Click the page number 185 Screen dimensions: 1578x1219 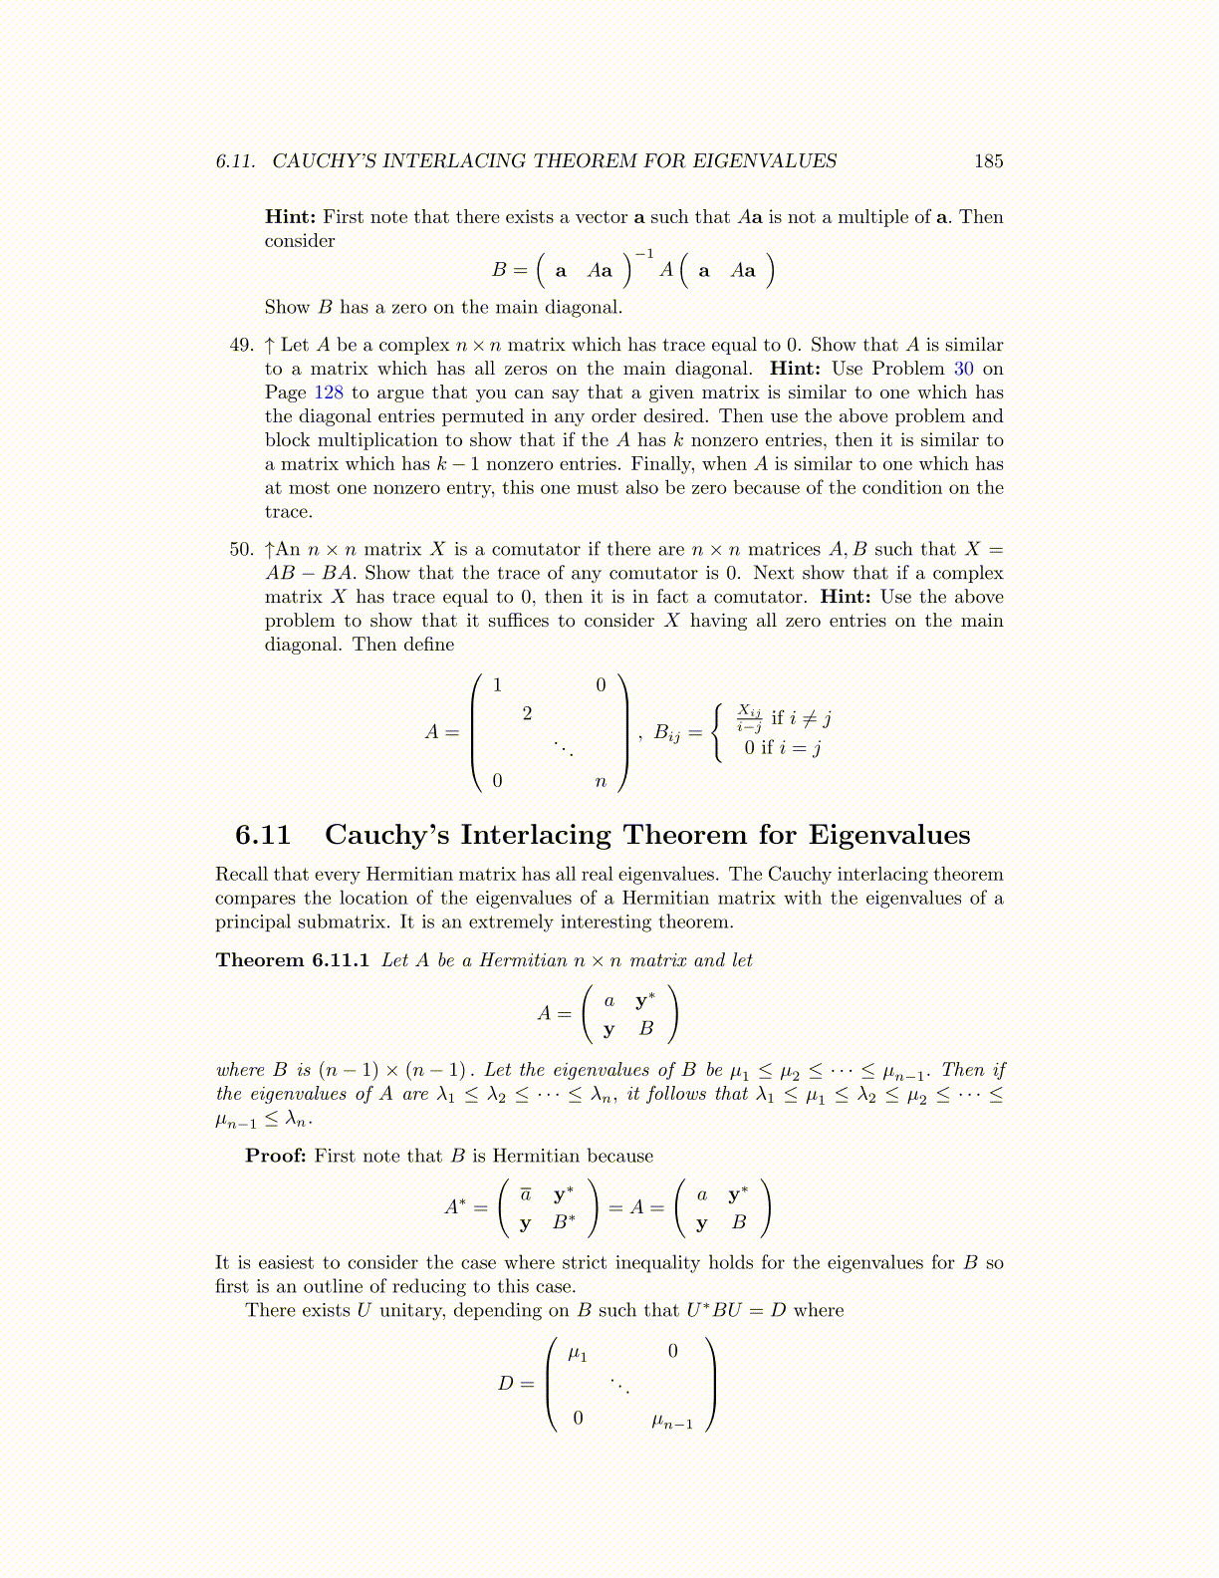[x=988, y=161]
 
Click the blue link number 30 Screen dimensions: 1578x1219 [x=963, y=369]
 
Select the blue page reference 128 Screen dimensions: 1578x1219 [x=329, y=393]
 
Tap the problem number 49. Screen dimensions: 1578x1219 [x=242, y=345]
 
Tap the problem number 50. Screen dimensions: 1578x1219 [x=242, y=549]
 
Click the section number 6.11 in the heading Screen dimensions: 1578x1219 [x=263, y=835]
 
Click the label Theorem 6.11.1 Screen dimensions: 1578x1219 [x=293, y=960]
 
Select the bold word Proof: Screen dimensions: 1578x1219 [x=276, y=1156]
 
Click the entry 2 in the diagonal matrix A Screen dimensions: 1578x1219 [x=527, y=713]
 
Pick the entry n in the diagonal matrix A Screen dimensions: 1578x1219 [x=600, y=782]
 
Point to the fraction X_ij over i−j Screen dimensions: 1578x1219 [x=749, y=717]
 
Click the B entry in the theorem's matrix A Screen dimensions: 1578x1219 [x=646, y=1029]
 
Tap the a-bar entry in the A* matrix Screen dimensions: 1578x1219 [x=526, y=1194]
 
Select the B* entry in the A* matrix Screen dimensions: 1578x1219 [x=564, y=1221]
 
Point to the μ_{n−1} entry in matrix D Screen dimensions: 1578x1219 [x=671, y=1422]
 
